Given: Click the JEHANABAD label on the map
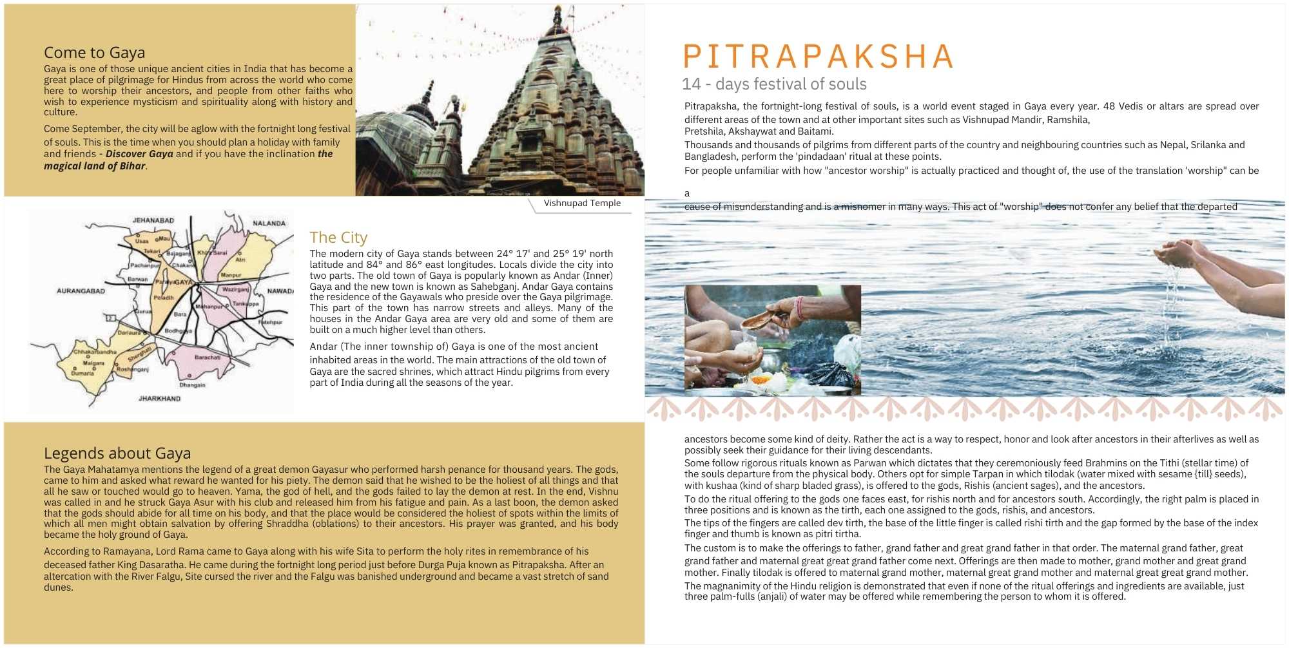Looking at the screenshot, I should (153, 220).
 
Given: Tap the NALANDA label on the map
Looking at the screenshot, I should (269, 224).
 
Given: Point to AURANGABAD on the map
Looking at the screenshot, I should (81, 291).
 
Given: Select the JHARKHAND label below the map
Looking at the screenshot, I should (159, 399).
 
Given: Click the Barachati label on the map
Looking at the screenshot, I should (208, 357).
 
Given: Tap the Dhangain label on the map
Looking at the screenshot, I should (192, 385).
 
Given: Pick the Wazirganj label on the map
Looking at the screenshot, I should (235, 290).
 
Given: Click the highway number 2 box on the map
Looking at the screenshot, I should (111, 318).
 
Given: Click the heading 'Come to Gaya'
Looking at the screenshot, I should (94, 53).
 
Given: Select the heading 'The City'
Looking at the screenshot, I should (338, 238).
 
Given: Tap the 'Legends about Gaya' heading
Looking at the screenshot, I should (117, 453).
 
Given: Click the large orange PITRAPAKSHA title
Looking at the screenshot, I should (818, 57).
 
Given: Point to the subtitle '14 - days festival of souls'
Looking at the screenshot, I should (774, 84).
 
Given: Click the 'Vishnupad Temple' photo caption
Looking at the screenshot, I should (582, 204).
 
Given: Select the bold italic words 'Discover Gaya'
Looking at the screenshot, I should (139, 154).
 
